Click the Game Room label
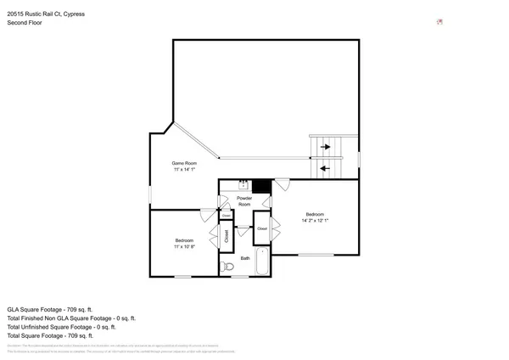click(x=184, y=162)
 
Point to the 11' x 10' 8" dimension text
click(x=184, y=246)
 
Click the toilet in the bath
click(x=226, y=267)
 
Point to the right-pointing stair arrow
click(x=326, y=148)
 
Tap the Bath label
click(x=245, y=257)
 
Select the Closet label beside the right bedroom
click(x=262, y=229)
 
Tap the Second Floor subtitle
click(x=24, y=23)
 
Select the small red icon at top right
click(x=439, y=22)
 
